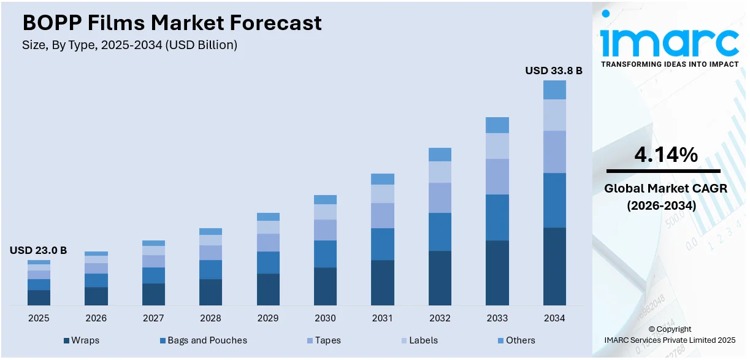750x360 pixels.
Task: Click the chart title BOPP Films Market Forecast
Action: [172, 23]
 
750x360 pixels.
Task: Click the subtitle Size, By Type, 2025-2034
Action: [129, 45]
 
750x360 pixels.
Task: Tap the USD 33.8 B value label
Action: [553, 71]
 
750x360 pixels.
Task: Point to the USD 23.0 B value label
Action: [38, 250]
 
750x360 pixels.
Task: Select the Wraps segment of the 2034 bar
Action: [554, 266]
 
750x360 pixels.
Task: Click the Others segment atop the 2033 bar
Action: [497, 125]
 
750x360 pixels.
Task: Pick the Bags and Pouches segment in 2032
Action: [440, 232]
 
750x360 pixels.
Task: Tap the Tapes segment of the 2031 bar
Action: [383, 215]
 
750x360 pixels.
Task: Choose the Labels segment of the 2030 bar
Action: [325, 212]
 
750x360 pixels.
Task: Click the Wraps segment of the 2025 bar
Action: [39, 297]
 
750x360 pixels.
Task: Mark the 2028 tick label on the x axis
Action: [210, 318]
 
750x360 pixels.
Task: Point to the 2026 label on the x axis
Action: [96, 318]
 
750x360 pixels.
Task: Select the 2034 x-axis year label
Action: [554, 318]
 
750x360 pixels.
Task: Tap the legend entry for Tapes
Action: [324, 340]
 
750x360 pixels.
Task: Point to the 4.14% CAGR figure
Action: [665, 155]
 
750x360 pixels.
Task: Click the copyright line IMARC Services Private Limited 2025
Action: [670, 340]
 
